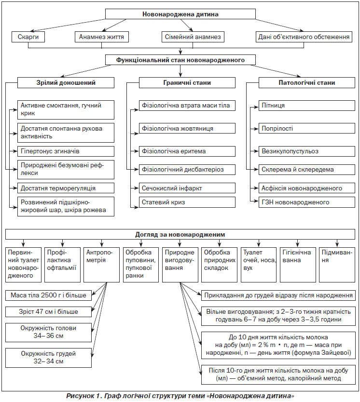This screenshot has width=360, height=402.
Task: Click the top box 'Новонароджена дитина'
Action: (x=180, y=14)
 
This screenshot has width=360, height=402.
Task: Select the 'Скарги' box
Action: (x=28, y=37)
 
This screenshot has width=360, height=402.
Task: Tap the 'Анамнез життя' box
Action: (x=102, y=37)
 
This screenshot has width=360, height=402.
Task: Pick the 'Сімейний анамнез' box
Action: (x=193, y=37)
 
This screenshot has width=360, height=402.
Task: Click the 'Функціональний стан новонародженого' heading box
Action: (x=180, y=60)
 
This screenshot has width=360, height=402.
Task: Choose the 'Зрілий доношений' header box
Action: (x=66, y=83)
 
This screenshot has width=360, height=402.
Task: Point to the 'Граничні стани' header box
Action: (x=187, y=83)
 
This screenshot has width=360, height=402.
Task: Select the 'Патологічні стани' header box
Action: (x=306, y=83)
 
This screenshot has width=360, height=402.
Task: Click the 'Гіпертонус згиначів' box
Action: (x=66, y=151)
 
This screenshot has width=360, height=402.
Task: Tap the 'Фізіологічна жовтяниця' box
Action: (x=187, y=128)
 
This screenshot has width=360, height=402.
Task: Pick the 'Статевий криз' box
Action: (x=187, y=202)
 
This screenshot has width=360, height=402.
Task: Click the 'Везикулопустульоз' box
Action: (x=306, y=151)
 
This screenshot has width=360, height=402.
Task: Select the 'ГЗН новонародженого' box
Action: (x=306, y=202)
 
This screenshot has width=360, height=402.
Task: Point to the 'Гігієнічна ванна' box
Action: (x=298, y=265)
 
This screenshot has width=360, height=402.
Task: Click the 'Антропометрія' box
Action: (x=102, y=265)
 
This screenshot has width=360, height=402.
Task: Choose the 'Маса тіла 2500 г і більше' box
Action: (x=48, y=295)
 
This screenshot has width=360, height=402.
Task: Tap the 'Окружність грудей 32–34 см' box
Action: (x=48, y=358)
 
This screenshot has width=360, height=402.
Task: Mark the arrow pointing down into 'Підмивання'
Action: (x=337, y=243)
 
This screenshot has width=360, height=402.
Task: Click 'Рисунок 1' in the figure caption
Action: (x=84, y=396)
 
